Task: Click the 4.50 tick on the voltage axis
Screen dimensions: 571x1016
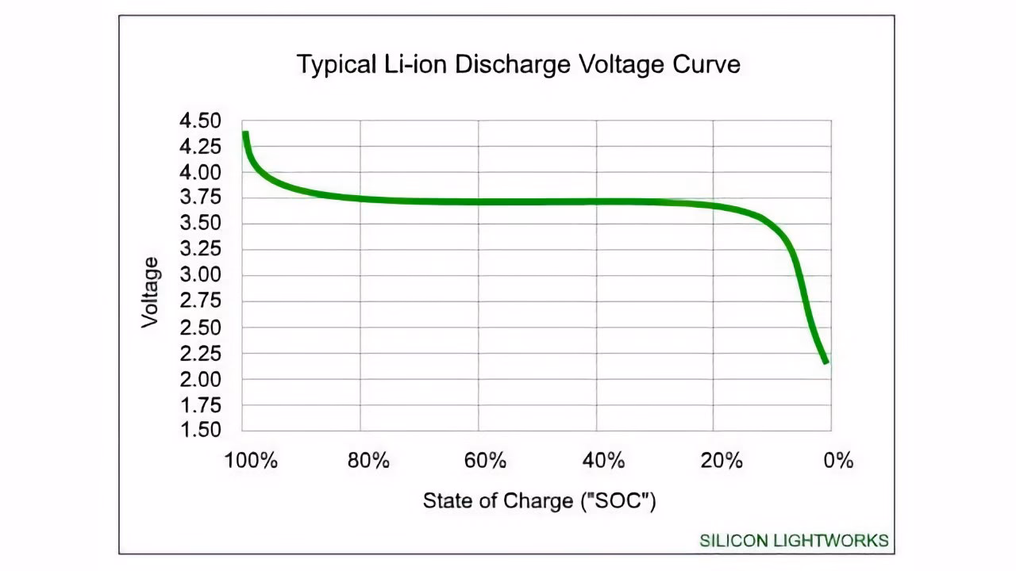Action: point(199,121)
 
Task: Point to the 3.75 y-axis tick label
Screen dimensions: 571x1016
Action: point(199,198)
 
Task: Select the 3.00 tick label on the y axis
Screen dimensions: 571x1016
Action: point(199,276)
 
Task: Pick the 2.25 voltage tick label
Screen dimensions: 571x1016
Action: point(199,354)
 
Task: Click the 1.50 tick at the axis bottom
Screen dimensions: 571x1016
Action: point(199,430)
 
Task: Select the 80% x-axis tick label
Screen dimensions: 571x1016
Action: point(368,461)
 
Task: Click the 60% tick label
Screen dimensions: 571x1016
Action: point(485,461)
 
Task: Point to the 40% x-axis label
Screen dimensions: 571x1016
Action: point(602,461)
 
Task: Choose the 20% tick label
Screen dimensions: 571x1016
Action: point(721,461)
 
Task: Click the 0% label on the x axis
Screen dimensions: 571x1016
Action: point(838,461)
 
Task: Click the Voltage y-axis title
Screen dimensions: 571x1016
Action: point(150,292)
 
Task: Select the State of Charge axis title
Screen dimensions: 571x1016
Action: point(539,501)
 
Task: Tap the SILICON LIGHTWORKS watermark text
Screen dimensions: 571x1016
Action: point(794,541)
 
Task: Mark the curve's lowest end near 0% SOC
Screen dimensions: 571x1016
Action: point(826,361)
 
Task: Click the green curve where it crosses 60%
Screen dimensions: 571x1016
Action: point(478,201)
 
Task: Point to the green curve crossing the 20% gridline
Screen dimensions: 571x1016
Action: point(713,206)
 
